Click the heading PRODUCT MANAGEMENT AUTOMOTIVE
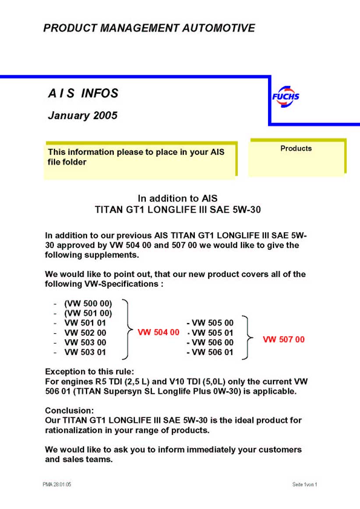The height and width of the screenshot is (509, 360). pos(149,28)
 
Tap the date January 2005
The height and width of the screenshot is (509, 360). pos(82,116)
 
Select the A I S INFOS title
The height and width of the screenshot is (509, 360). pos(83,93)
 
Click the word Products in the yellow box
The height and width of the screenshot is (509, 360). pos(296,148)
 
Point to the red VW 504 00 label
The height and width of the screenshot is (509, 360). pos(159,332)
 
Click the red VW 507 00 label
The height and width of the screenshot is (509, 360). pos(283,339)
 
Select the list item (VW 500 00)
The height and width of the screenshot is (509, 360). pos(88,303)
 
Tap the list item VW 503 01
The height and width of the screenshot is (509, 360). pos(85,352)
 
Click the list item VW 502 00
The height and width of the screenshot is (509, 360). pos(85,333)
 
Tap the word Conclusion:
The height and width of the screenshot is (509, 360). pos(70,411)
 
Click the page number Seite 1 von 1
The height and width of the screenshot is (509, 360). pos(304,484)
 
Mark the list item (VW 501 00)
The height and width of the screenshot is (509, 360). pos(88,313)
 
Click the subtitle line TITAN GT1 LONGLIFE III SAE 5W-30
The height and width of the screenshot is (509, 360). pos(178,210)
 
